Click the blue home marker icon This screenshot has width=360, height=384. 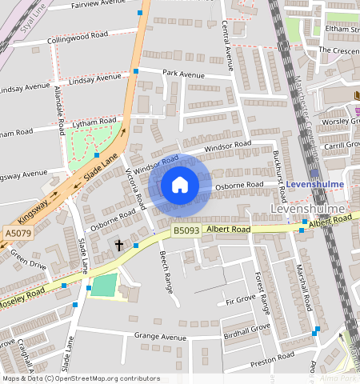click(x=180, y=186)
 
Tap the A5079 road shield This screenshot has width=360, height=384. click(x=17, y=233)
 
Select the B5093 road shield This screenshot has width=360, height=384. click(x=186, y=230)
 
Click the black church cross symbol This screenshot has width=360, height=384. click(x=119, y=244)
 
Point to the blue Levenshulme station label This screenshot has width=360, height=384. click(x=314, y=184)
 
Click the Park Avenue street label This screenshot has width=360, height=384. click(x=184, y=74)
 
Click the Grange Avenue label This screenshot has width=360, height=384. click(x=160, y=337)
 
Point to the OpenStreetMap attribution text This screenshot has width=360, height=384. click(x=81, y=378)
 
